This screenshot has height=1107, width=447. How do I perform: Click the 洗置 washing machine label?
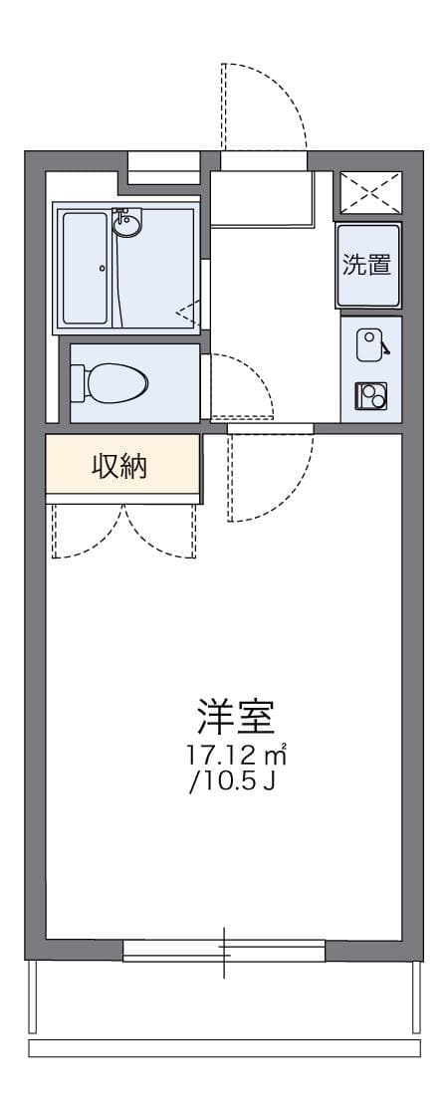[366, 266]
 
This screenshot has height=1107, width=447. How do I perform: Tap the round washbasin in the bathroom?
[127, 224]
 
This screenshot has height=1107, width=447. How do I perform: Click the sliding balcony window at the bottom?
[225, 952]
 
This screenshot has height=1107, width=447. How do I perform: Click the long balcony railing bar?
[225, 1048]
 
